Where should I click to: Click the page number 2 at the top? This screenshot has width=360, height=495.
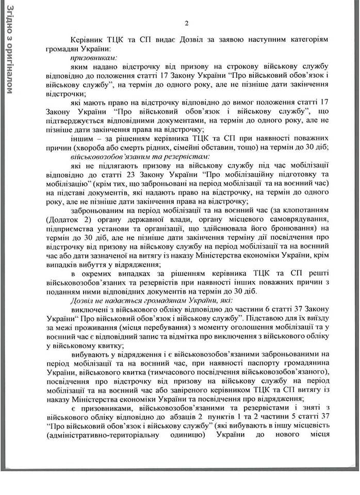[x=187, y=23]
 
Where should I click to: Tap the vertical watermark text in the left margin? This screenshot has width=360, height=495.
[x=11, y=49]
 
